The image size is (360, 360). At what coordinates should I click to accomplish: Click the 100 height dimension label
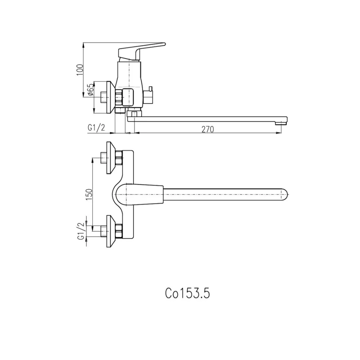(80, 70)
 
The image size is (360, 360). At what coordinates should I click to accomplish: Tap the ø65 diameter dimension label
(90, 90)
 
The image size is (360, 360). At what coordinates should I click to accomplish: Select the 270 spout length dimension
(208, 130)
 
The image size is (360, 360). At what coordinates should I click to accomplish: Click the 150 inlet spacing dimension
(89, 194)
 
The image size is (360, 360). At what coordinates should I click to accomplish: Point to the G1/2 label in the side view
(96, 128)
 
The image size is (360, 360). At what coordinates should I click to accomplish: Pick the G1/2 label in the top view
(81, 231)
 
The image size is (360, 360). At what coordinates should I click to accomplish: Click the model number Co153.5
(187, 293)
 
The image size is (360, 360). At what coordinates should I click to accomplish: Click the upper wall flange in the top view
(112, 158)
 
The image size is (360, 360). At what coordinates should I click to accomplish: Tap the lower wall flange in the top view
(112, 231)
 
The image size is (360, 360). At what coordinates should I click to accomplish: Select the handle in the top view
(139, 194)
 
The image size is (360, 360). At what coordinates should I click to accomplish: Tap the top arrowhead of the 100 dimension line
(83, 45)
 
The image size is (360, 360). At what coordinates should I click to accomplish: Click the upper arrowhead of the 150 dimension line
(92, 160)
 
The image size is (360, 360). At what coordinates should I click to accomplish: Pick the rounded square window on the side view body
(128, 97)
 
